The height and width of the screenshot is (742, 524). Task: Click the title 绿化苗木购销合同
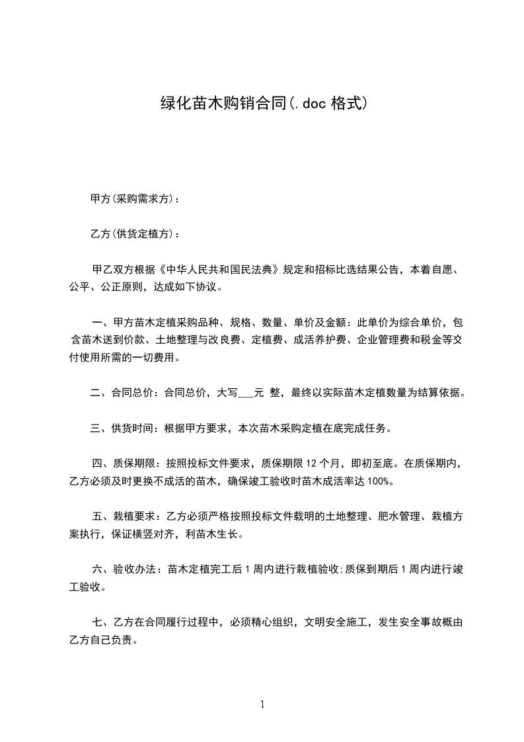(x=224, y=104)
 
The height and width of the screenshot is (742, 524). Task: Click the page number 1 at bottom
(x=262, y=704)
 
